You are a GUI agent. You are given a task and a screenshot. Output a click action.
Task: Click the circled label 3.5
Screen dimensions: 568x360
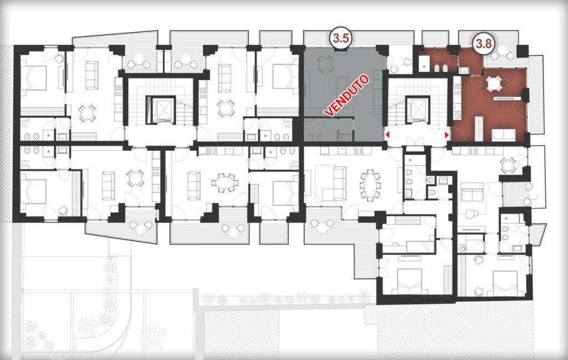(341, 39)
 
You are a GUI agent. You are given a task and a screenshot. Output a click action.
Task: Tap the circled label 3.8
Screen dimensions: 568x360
(484, 44)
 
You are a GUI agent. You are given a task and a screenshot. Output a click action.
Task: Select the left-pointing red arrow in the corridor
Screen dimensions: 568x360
(388, 135)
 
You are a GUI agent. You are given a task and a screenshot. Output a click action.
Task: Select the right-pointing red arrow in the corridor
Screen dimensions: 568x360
(447, 135)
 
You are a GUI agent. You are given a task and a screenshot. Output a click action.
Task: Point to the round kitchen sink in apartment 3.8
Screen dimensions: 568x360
(458, 116)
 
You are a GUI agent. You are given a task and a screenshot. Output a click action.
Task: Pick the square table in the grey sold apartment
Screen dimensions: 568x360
(323, 64)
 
